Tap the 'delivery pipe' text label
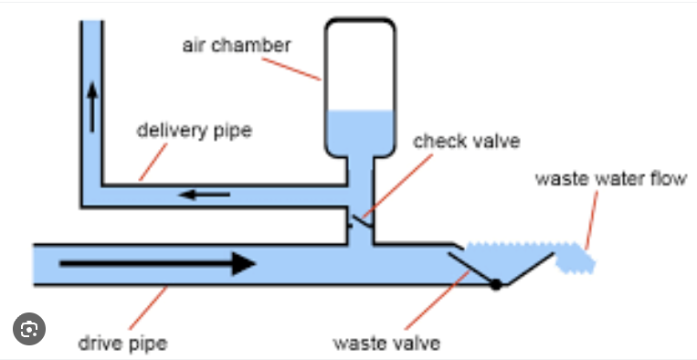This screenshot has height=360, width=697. tap(194, 130)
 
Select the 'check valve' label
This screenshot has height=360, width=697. tap(466, 142)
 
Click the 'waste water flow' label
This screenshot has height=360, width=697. tap(610, 178)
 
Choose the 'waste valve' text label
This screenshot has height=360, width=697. tap(386, 344)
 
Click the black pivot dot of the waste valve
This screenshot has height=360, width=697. tap(496, 284)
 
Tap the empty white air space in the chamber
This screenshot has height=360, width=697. tap(360, 64)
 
